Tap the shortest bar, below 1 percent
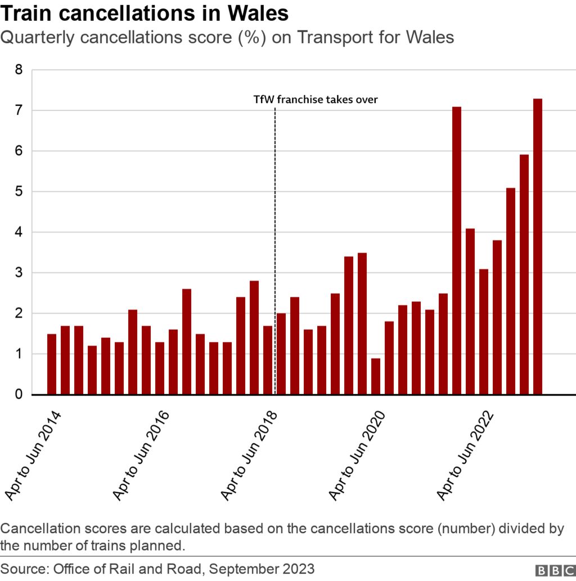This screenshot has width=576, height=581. (x=376, y=376)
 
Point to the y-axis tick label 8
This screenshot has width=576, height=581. (x=19, y=70)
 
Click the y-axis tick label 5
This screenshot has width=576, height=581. (x=19, y=192)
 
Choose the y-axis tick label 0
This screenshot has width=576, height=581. (x=19, y=395)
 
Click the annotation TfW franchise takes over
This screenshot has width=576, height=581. (x=316, y=100)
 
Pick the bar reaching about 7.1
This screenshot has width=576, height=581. (x=457, y=251)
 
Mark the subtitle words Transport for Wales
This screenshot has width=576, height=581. (x=375, y=38)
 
